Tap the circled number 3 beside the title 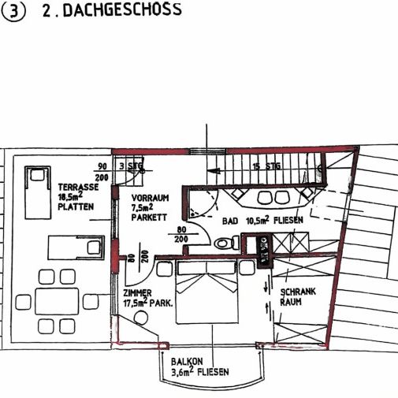(13, 12)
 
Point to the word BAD (231, 221)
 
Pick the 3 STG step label (128, 167)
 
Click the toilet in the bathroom (228, 243)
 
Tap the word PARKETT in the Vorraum (150, 217)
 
